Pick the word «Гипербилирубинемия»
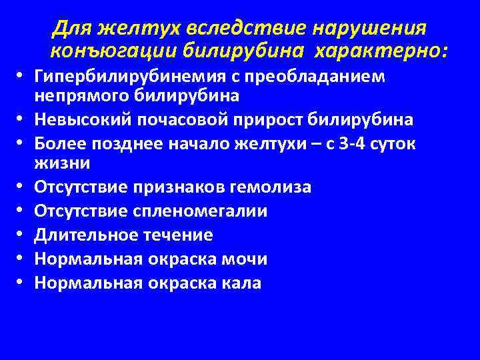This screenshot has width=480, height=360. (126, 75)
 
